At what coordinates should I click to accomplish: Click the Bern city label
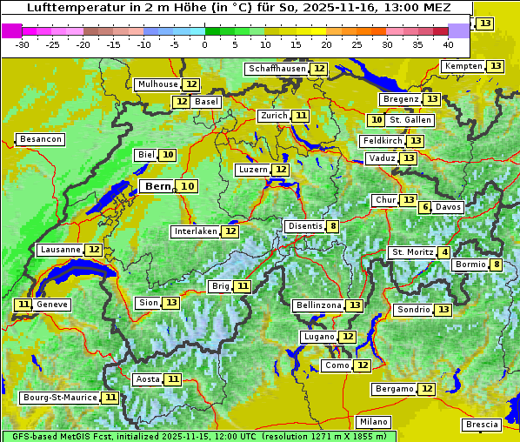157,186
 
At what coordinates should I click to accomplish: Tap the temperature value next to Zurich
300,116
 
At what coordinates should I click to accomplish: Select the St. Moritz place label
412,252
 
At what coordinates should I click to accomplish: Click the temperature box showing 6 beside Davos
425,207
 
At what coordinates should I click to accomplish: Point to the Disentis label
304,226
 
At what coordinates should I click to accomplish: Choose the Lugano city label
317,337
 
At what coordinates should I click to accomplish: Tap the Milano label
374,421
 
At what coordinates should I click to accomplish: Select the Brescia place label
482,425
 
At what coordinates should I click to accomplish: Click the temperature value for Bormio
496,265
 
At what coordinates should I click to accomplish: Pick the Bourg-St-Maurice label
60,398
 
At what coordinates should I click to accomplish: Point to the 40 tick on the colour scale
448,44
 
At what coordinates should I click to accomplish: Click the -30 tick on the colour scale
23,44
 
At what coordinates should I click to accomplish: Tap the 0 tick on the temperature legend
204,44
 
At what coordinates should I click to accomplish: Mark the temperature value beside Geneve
23,305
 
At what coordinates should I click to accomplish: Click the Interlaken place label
195,231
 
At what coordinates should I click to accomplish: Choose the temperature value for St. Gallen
377,120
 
